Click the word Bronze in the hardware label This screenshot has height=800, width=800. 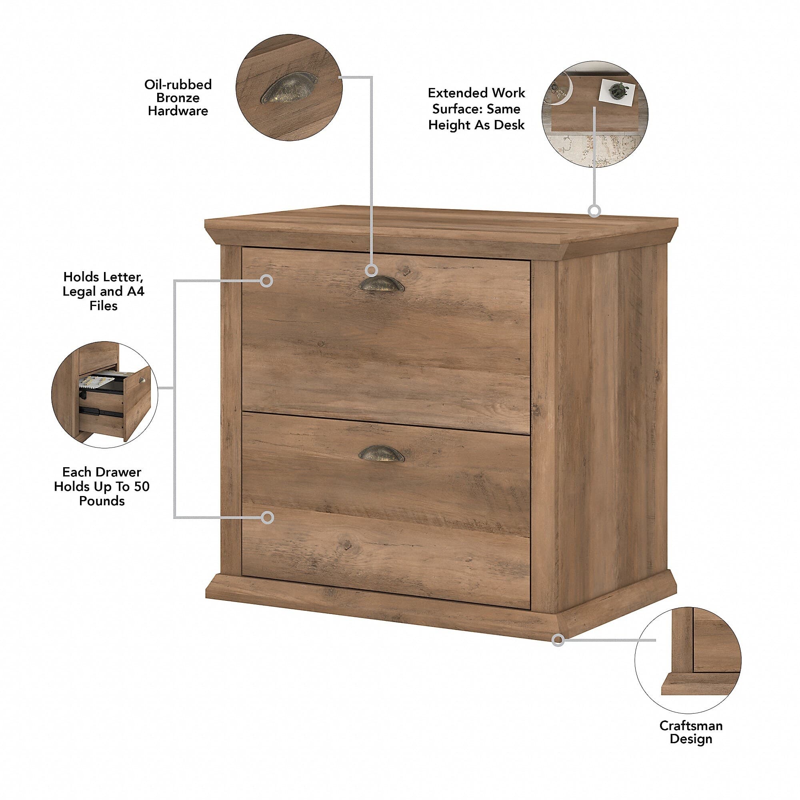[x=178, y=98]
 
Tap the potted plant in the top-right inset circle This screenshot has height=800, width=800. [x=618, y=90]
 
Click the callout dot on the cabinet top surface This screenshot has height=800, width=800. [x=595, y=211]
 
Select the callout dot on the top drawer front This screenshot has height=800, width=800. [x=268, y=281]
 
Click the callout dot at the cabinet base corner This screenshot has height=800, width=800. [x=558, y=640]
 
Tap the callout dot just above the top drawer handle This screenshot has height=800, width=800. [x=372, y=271]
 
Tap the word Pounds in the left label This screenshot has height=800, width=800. [x=102, y=501]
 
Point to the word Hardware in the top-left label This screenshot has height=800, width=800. [x=178, y=111]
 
